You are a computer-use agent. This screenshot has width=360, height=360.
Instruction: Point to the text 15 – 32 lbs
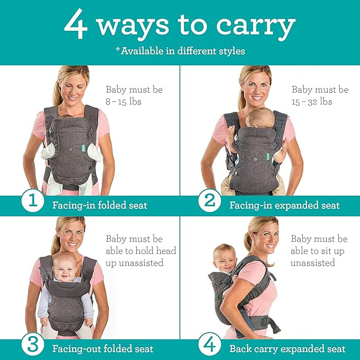(311, 101)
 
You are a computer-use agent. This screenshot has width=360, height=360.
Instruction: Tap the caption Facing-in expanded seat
(284, 205)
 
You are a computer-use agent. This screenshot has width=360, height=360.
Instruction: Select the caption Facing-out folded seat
(103, 348)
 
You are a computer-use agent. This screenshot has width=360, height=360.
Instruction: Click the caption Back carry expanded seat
(287, 348)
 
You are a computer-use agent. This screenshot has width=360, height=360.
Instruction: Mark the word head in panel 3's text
(162, 251)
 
